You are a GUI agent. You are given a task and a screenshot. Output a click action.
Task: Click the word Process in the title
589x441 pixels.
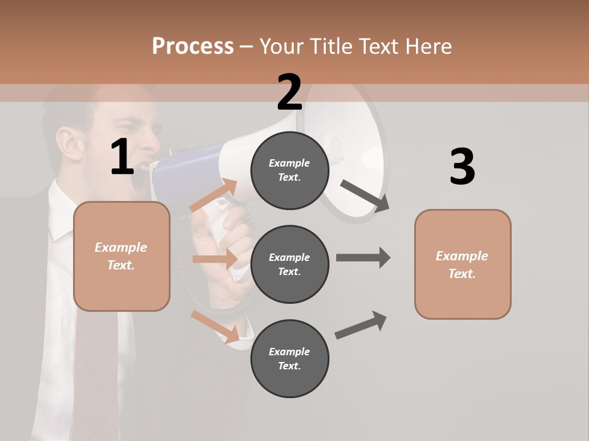pyautogui.click(x=193, y=46)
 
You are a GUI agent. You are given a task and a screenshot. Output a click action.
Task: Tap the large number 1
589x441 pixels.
pyautogui.click(x=122, y=157)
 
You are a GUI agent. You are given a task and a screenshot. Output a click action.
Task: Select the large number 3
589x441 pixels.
pyautogui.click(x=462, y=167)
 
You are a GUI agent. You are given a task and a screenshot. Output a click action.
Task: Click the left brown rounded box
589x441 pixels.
pyautogui.click(x=121, y=256)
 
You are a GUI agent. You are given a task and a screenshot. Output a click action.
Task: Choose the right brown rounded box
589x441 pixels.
pyautogui.click(x=463, y=264)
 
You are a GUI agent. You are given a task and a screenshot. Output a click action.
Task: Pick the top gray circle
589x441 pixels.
pyautogui.click(x=290, y=170)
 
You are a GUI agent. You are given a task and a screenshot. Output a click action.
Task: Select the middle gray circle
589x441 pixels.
pyautogui.click(x=290, y=264)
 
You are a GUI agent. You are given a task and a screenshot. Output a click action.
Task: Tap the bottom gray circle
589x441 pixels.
pyautogui.click(x=290, y=358)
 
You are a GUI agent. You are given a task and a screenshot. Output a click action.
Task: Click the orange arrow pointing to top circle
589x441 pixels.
pyautogui.click(x=214, y=195)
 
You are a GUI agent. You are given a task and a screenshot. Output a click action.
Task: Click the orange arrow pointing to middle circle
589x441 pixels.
pyautogui.click(x=215, y=259)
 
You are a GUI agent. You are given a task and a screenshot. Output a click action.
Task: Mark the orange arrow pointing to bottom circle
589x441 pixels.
pyautogui.click(x=215, y=326)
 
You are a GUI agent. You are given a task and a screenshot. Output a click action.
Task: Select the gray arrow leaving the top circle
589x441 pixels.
pyautogui.click(x=364, y=195)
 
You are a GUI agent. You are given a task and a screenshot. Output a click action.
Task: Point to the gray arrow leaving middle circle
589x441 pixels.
pyautogui.click(x=363, y=257)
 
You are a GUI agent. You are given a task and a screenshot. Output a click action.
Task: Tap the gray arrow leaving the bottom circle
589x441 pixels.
pyautogui.click(x=361, y=325)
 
